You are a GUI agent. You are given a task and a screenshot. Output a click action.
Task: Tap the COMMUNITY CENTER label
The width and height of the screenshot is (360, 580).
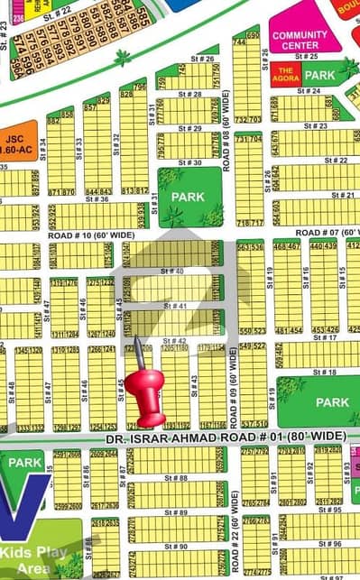click(300, 40)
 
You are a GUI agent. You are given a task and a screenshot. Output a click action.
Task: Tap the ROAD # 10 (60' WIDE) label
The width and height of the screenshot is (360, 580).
click(90, 235)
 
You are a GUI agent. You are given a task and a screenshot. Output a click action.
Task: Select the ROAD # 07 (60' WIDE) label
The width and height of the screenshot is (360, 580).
click(328, 232)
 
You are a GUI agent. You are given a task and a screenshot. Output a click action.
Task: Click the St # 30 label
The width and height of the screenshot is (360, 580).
click(190, 162)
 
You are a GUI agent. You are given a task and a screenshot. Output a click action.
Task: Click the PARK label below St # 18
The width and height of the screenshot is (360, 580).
click(332, 402)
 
